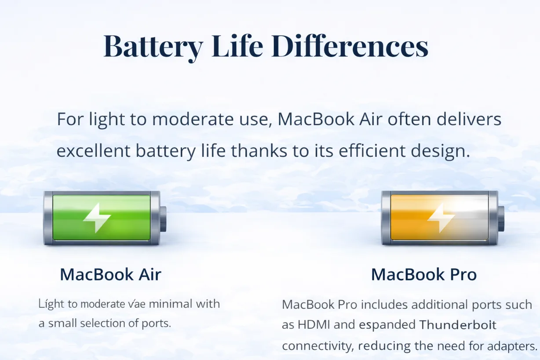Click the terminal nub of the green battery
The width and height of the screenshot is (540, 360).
click(x=163, y=218)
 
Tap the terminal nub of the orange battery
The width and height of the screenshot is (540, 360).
click(x=501, y=218)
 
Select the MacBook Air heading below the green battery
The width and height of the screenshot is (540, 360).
click(x=110, y=275)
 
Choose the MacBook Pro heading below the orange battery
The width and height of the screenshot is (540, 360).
click(x=423, y=275)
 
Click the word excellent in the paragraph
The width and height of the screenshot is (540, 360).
click(x=94, y=151)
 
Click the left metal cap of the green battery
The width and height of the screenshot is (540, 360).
click(x=48, y=218)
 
